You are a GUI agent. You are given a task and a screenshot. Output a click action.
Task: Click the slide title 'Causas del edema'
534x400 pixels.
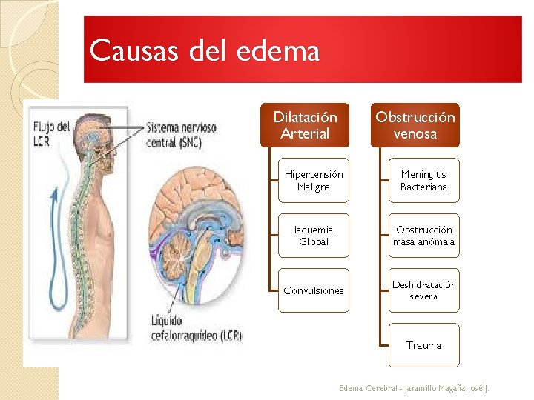205,52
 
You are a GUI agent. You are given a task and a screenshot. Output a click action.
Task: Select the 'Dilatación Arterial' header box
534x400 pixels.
305,125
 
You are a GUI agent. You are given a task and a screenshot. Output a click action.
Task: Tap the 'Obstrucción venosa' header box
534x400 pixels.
415,125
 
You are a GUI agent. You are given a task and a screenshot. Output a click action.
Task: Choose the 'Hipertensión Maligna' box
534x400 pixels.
314,181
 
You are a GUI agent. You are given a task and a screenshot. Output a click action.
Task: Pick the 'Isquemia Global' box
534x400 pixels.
314,236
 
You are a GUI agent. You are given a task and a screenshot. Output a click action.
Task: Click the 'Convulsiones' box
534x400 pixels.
314,290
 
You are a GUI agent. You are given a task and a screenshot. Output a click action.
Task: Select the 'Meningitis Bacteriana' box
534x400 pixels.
424,181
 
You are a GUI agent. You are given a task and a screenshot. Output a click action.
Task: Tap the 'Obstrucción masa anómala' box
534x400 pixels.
424,236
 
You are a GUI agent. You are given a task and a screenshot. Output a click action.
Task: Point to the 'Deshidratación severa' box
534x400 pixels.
424,290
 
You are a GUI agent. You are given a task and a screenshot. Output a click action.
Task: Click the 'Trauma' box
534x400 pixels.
424,345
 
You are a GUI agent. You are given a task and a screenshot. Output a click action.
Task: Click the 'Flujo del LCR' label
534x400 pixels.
51,133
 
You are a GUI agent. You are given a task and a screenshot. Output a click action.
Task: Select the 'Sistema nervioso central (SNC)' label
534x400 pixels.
181,135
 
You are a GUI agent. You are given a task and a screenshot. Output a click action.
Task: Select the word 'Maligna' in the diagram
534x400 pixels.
314,187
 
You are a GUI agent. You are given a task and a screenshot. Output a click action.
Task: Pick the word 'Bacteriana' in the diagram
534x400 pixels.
424,187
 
